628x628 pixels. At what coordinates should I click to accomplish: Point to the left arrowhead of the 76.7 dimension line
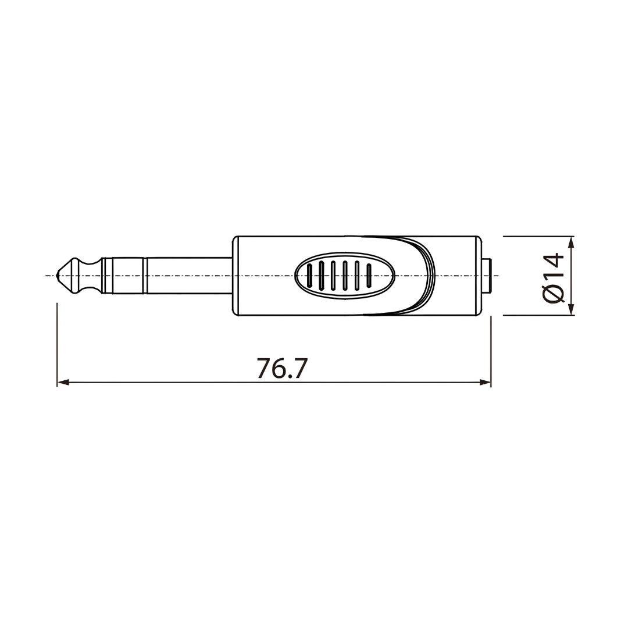point(63,383)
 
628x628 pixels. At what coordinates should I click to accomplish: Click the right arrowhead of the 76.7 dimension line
point(485,383)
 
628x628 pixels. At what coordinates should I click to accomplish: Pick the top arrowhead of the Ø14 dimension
point(572,242)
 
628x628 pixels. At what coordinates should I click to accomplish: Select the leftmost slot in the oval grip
point(309,276)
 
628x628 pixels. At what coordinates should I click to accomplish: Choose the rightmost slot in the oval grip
point(369,276)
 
